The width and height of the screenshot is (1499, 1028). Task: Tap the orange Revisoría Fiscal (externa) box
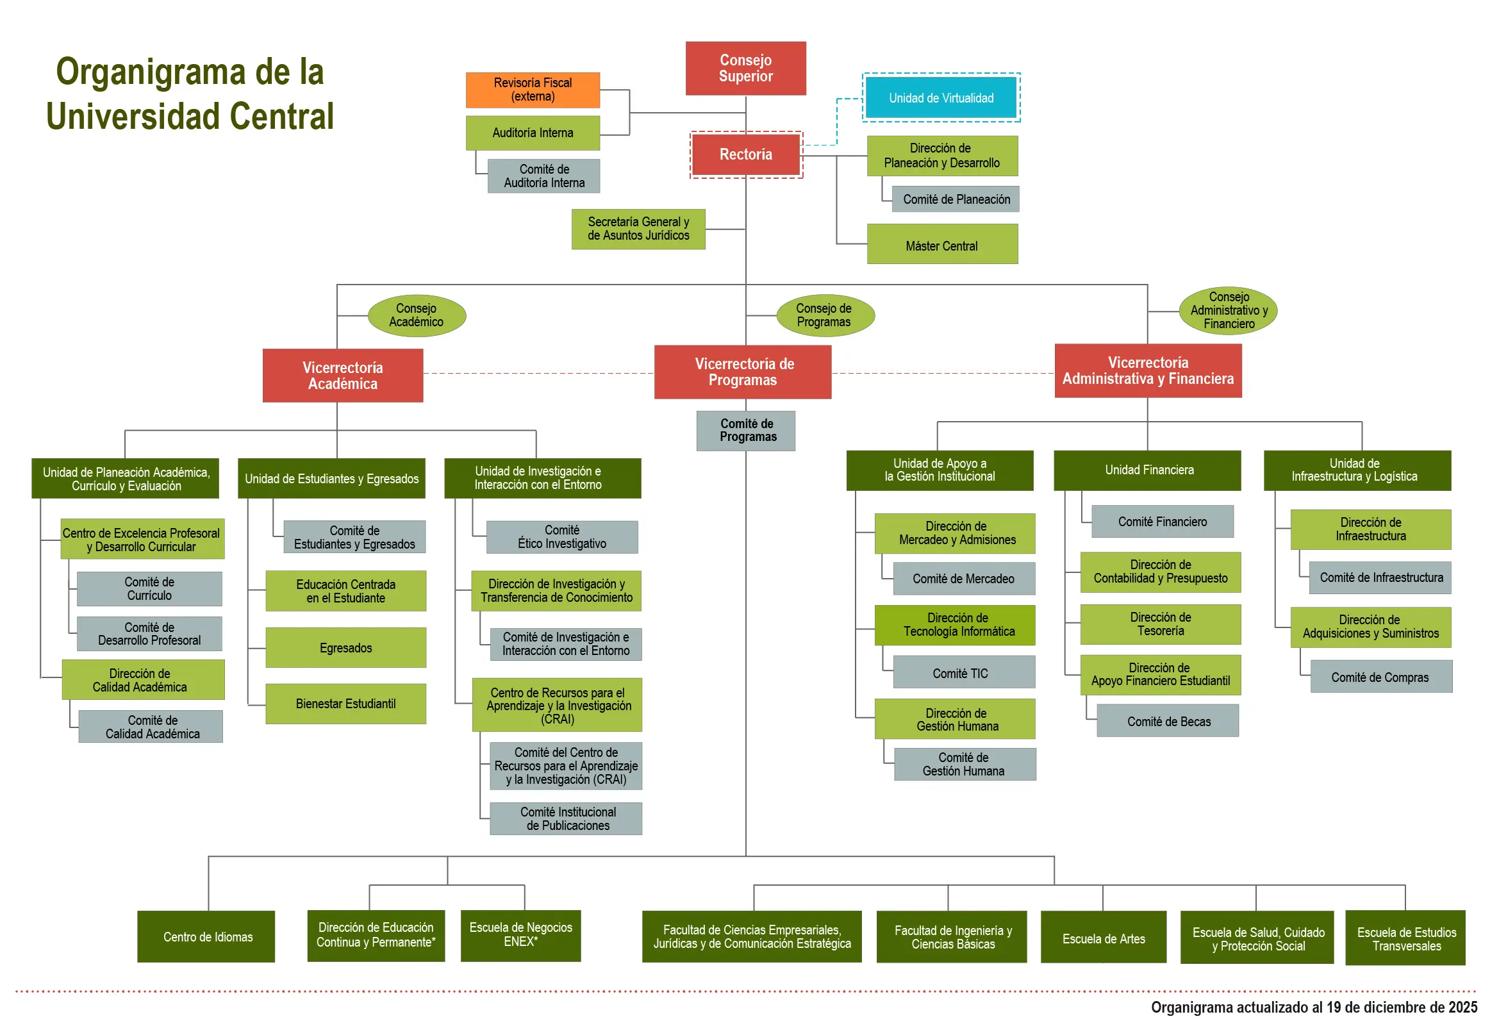point(533,90)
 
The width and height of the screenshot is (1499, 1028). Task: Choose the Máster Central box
point(941,245)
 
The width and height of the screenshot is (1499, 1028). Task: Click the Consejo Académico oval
point(416,315)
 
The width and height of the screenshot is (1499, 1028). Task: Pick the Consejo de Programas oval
point(824,315)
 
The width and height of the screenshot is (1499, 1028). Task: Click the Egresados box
point(345,647)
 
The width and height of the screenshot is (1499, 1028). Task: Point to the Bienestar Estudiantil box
point(345,704)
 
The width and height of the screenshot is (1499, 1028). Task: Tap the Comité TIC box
point(964,673)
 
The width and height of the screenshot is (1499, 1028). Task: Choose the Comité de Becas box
point(1168,721)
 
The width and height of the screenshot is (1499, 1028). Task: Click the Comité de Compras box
point(1380,677)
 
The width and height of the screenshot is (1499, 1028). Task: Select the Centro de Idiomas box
point(206,936)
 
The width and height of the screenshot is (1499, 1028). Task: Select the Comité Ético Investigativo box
point(562,536)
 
